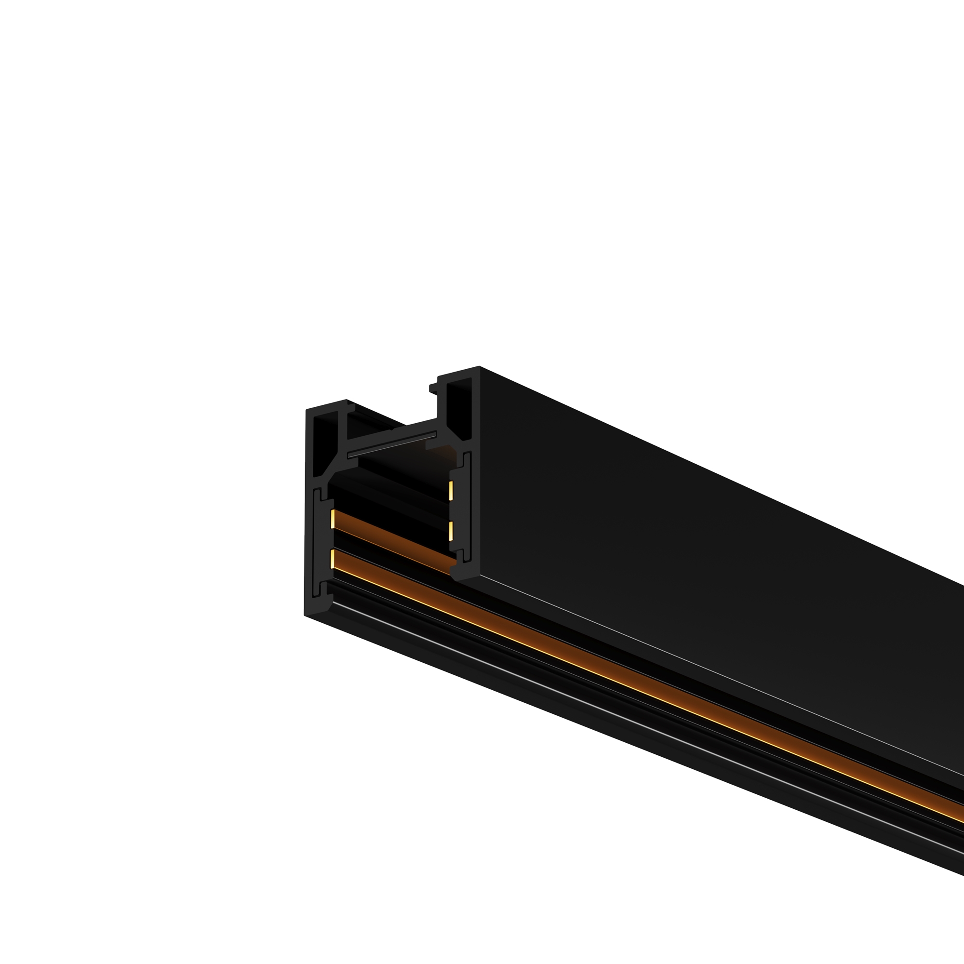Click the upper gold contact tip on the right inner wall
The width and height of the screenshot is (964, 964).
[451, 491]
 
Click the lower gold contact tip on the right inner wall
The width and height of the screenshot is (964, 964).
[451, 531]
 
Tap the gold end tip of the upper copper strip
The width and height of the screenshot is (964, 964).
[332, 519]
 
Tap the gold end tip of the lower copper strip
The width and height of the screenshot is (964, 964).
[332, 559]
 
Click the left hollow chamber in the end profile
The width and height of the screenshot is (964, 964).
[325, 442]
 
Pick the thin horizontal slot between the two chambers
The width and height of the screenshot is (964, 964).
[392, 444]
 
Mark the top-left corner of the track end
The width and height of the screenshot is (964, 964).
[307, 410]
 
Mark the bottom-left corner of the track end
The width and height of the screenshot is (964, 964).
[306, 615]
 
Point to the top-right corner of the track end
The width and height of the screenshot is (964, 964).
[479, 367]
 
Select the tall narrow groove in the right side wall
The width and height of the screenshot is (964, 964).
[468, 507]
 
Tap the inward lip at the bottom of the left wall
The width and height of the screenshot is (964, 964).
[329, 601]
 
